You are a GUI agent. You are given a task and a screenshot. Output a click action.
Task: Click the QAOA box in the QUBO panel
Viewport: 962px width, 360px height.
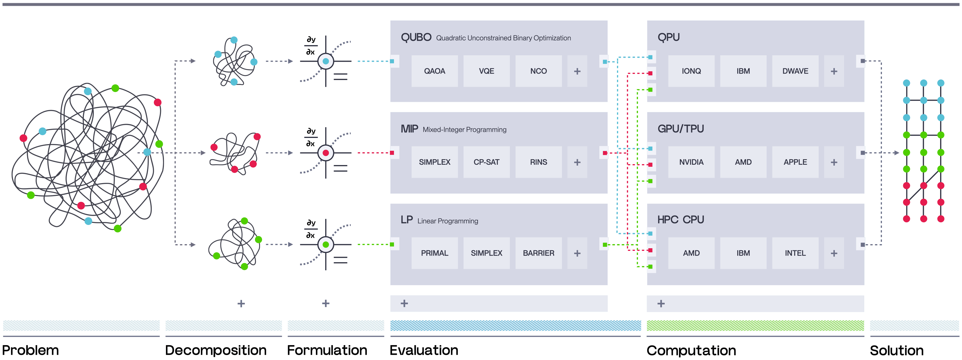point(434,71)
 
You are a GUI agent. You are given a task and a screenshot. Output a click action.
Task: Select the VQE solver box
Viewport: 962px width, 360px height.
point(486,71)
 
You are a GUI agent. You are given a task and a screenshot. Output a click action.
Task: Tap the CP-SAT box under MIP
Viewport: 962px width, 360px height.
point(486,162)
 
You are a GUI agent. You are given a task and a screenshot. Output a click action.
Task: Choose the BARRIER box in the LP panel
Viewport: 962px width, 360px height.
point(538,253)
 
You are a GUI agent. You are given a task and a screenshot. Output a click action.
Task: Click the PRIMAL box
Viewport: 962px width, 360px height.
point(434,253)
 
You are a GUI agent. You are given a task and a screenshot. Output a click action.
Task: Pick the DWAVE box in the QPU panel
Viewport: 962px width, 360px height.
point(795,71)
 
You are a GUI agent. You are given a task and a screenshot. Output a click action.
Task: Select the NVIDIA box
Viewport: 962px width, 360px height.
point(691,162)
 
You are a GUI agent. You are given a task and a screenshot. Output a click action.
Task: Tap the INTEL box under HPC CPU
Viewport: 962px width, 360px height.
point(795,253)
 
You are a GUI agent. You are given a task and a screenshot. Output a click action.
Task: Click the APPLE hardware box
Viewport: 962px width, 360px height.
point(795,162)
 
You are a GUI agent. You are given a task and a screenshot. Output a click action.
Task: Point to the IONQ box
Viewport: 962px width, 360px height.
point(691,71)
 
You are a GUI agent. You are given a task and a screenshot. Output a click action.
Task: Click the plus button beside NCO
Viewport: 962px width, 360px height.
point(577,71)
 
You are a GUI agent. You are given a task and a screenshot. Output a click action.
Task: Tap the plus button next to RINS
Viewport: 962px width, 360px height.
point(577,162)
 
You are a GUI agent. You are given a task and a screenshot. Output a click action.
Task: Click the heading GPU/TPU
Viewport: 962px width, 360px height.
point(680,129)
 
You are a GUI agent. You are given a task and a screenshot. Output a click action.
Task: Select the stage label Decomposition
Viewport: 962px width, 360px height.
point(215,350)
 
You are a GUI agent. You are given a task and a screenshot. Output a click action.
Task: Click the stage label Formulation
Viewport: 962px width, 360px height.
point(327,350)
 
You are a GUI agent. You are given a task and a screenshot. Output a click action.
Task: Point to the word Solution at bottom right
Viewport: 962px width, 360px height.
point(896,350)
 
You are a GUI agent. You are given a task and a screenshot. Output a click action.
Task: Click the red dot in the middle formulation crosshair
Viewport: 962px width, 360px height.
point(326,153)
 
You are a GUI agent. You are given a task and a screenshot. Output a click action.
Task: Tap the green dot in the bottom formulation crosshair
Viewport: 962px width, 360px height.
point(326,244)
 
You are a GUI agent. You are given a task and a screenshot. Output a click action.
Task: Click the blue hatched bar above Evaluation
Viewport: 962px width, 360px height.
point(515,325)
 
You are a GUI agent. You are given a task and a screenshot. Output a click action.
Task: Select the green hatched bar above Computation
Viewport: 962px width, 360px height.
point(755,325)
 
